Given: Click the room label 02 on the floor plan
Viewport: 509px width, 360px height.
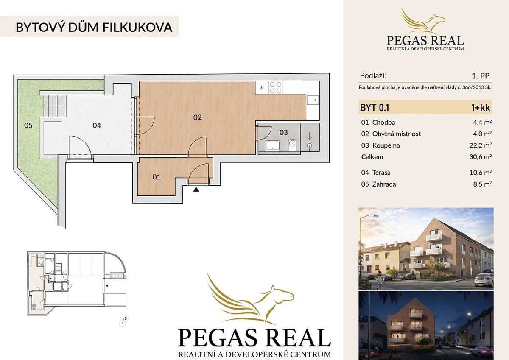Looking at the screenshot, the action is point(197,117).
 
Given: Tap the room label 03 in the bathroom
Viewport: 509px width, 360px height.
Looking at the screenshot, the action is point(283,132).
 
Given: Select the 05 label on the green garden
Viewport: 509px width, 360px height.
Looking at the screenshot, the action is point(28,126).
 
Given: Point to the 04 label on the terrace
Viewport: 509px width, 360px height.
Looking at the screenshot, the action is point(97,126).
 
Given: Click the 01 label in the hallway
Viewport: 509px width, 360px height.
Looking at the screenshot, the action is point(157,177).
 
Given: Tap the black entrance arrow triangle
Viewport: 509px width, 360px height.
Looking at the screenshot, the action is point(196,189).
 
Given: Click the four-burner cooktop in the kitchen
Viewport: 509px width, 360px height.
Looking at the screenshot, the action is point(276,88).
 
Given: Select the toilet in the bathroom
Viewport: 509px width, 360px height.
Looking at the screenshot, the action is point(292,145).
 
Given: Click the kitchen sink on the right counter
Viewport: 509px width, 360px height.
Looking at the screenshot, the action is point(313,100).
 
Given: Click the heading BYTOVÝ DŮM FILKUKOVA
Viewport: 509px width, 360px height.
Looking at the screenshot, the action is point(94,27).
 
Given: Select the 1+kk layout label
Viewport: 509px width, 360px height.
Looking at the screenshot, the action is point(481,108).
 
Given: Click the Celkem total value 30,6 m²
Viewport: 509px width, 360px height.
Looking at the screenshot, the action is point(481,157).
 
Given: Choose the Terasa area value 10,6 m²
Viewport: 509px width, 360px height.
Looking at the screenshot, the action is point(481,173).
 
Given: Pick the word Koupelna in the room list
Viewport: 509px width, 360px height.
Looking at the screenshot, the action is point(386,145).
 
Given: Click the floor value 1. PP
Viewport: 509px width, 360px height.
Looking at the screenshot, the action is point(481,76).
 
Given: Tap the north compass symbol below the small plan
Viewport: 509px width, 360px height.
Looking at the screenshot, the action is point(123,322).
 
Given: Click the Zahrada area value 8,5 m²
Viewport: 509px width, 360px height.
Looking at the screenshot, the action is point(482,184).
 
